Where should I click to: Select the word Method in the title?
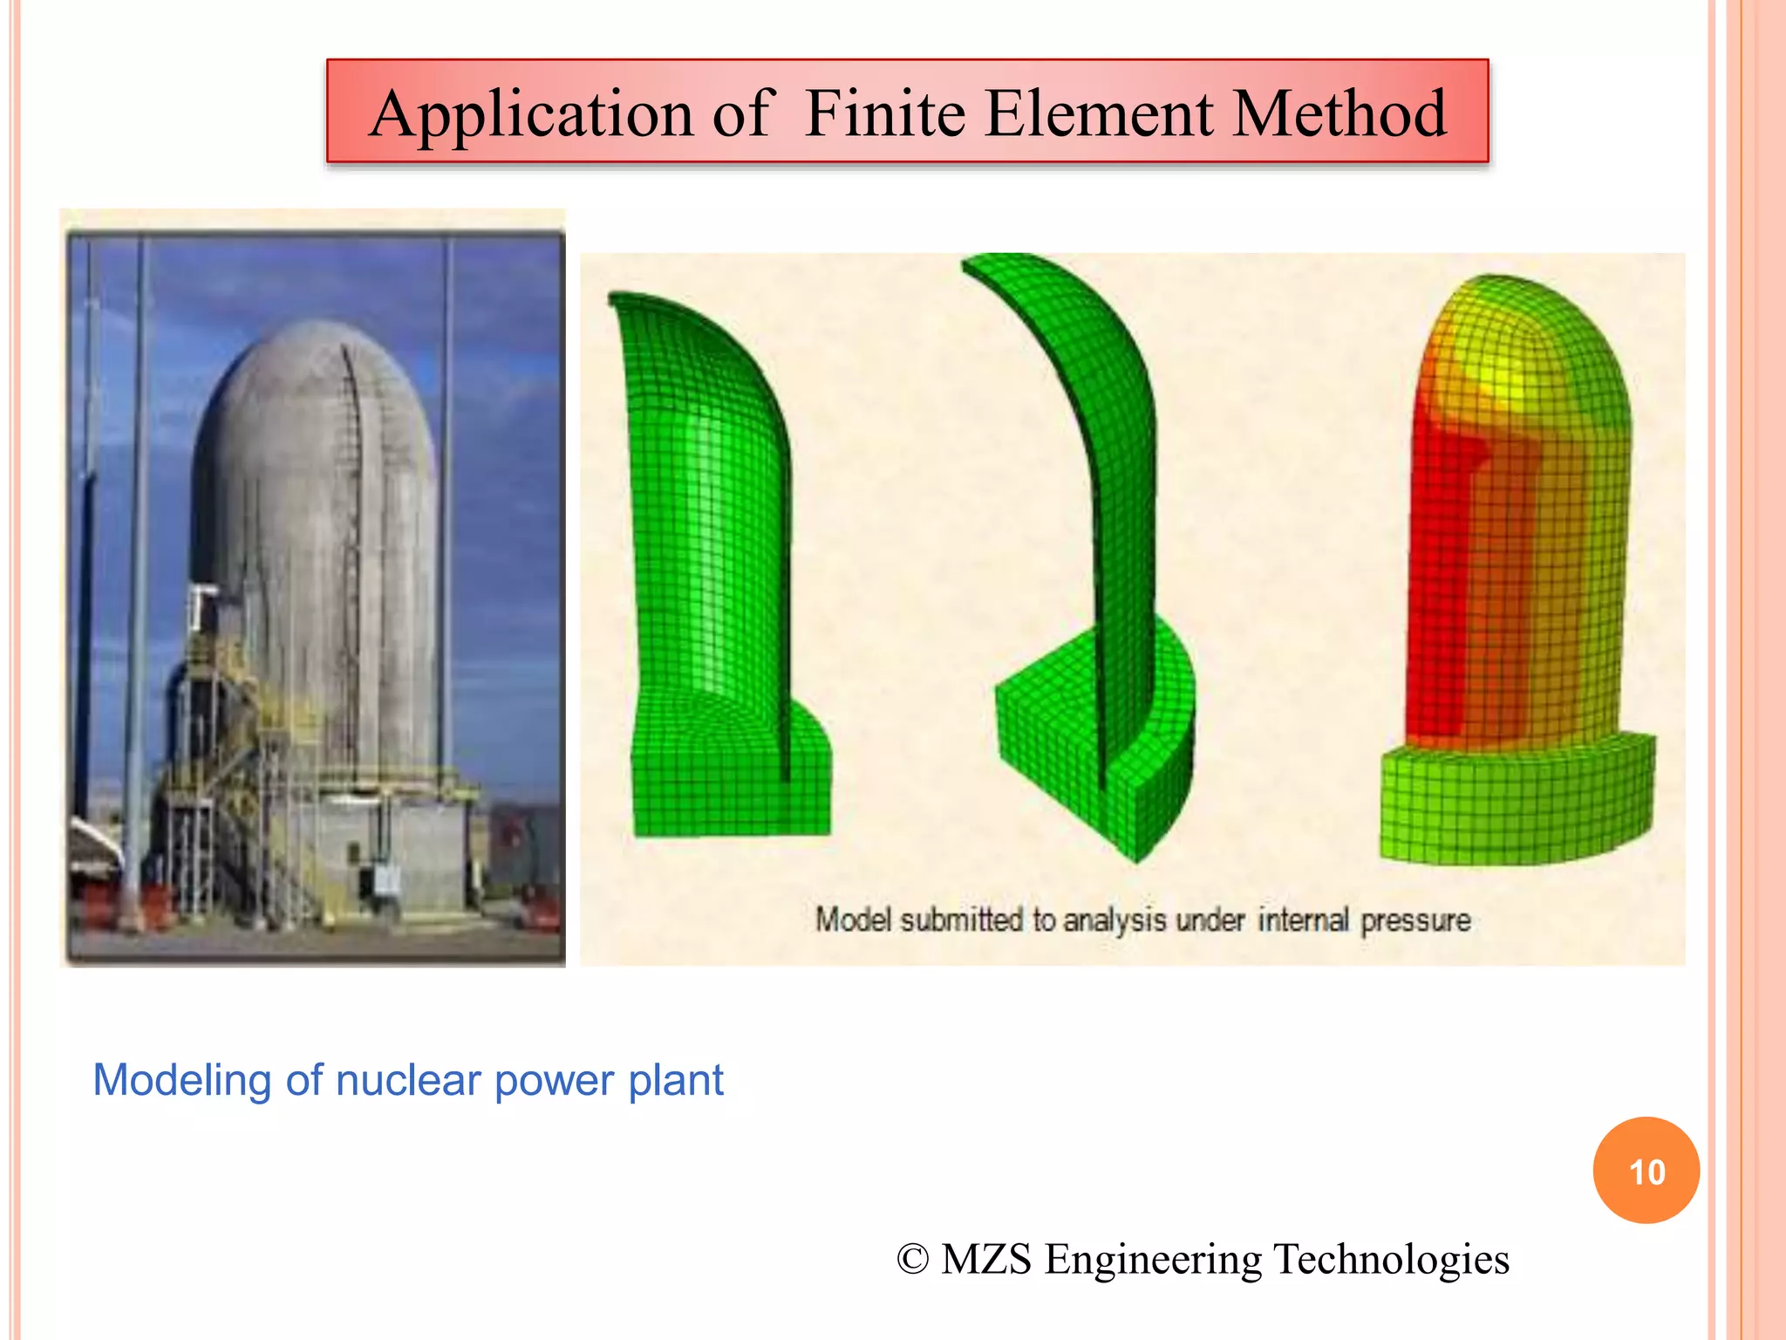pyautogui.click(x=1339, y=114)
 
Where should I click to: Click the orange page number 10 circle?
pyautogui.click(x=1646, y=1171)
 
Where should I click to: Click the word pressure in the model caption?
pyautogui.click(x=1415, y=920)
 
